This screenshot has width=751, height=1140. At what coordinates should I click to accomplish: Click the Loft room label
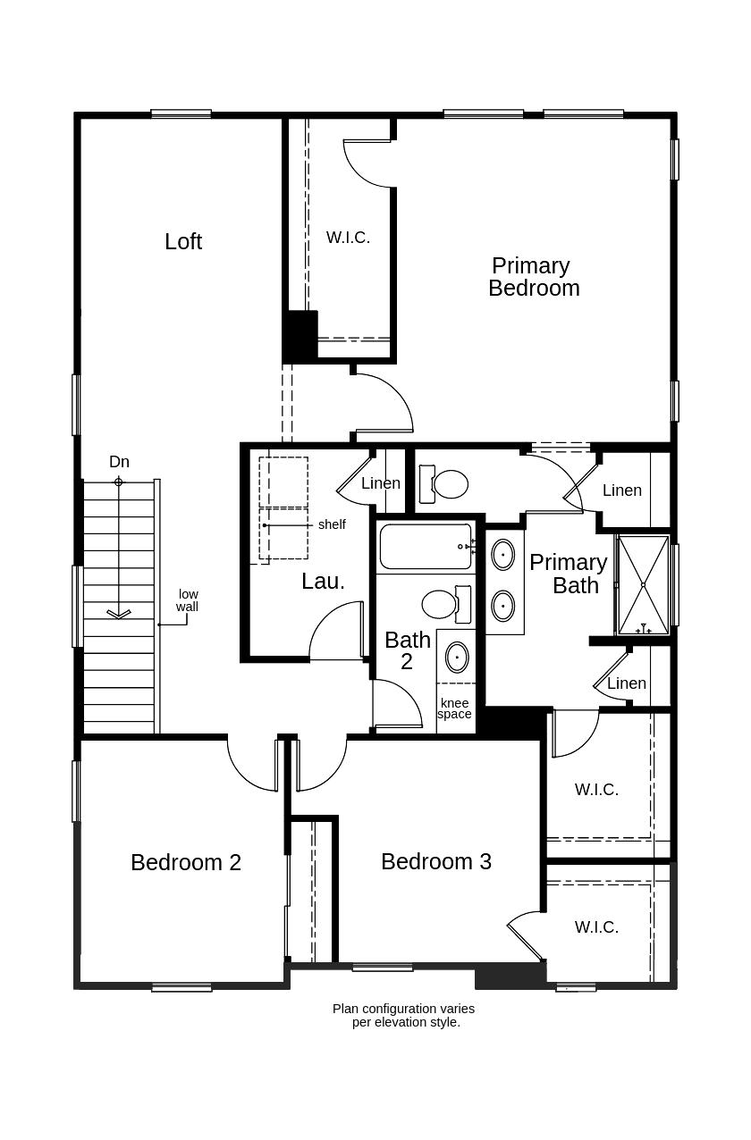tap(183, 241)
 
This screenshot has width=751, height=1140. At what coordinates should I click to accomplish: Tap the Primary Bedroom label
tap(533, 277)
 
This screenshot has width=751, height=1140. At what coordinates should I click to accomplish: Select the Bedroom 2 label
tap(185, 862)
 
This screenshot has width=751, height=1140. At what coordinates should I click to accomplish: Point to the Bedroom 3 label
tap(435, 861)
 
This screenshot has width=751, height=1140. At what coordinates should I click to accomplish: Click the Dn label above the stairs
tap(119, 462)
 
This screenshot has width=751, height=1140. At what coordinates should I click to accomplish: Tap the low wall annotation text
tap(187, 600)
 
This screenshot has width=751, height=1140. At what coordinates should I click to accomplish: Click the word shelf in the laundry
tap(332, 524)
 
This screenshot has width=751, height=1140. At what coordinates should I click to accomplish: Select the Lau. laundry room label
tap(323, 581)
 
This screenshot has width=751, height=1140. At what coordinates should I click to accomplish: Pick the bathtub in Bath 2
tap(426, 546)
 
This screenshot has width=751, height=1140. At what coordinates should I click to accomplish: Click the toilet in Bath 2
tap(442, 604)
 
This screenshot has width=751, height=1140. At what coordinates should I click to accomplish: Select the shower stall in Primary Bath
tap(643, 584)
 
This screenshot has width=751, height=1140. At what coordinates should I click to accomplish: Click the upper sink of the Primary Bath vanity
tap(502, 554)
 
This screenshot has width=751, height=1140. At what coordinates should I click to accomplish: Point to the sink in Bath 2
tap(457, 657)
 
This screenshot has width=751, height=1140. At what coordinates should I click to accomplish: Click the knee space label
tap(454, 708)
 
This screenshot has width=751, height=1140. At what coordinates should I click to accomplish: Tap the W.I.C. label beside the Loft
tap(348, 238)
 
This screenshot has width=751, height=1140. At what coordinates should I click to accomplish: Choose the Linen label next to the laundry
tap(381, 483)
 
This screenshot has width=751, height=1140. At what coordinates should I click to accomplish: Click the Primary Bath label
tap(569, 574)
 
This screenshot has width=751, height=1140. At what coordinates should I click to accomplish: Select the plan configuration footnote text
tap(404, 1015)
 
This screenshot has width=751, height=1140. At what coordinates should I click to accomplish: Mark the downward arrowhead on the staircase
tap(119, 614)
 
